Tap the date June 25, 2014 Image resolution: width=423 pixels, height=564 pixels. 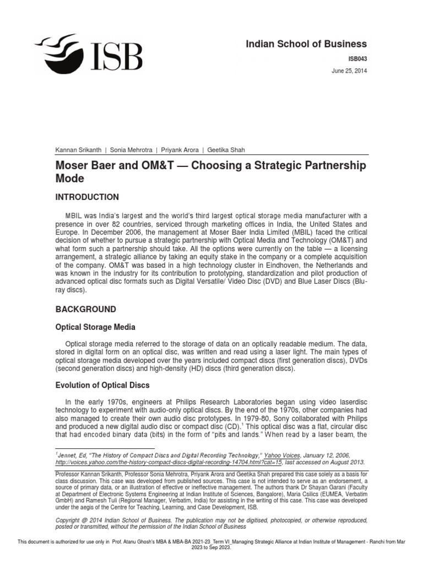coord(349,70)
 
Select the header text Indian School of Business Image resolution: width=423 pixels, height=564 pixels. coord(306,44)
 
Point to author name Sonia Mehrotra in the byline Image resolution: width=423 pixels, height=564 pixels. coord(132,150)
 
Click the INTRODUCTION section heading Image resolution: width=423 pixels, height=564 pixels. coord(87,197)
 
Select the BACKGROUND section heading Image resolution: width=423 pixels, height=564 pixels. coord(86,309)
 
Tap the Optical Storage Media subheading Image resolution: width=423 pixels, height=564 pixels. coord(95,327)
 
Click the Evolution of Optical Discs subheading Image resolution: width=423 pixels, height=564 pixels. coord(102,385)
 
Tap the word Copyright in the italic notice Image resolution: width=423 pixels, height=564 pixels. coord(70,520)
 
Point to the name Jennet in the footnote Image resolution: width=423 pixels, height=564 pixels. coord(68,455)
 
